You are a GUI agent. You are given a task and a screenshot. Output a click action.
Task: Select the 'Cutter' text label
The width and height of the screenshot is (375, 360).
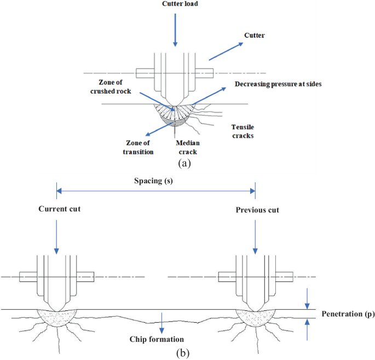coord(254,35)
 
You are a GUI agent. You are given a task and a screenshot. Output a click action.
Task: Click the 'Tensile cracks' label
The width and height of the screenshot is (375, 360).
coord(241,130)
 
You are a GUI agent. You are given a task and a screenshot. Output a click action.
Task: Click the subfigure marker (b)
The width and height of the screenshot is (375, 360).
coord(183,353)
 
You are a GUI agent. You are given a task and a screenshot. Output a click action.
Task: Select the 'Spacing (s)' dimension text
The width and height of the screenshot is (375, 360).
coord(154,181)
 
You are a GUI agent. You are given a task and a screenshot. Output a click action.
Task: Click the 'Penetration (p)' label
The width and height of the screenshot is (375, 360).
coord(346,314)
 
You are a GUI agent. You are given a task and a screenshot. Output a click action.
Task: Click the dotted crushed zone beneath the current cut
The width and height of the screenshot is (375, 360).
coord(56,317)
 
